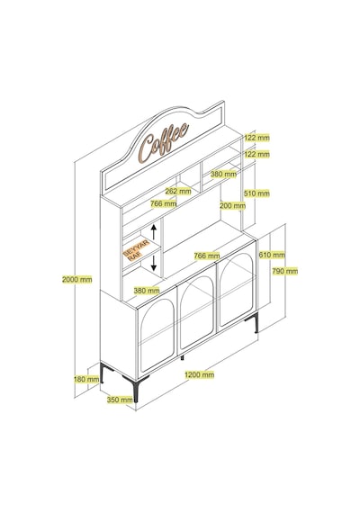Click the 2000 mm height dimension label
coord(77,279)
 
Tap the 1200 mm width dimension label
coord(199,374)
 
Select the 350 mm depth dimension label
coord(120,400)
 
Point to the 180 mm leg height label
coord(86,380)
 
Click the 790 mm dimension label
coord(285,271)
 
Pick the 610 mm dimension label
coord(272,254)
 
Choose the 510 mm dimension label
coord(256,193)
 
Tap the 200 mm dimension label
coord(232,205)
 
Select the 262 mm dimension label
coord(178,191)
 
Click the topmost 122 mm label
coord(256,138)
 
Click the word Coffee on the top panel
coord(164,142)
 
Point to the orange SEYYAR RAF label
coord(137,250)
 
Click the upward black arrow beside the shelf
coord(154,232)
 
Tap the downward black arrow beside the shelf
coord(154,264)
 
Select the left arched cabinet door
coord(157,336)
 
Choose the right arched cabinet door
coord(237,284)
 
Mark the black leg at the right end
coord(253,322)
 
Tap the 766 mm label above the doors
coord(206,256)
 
